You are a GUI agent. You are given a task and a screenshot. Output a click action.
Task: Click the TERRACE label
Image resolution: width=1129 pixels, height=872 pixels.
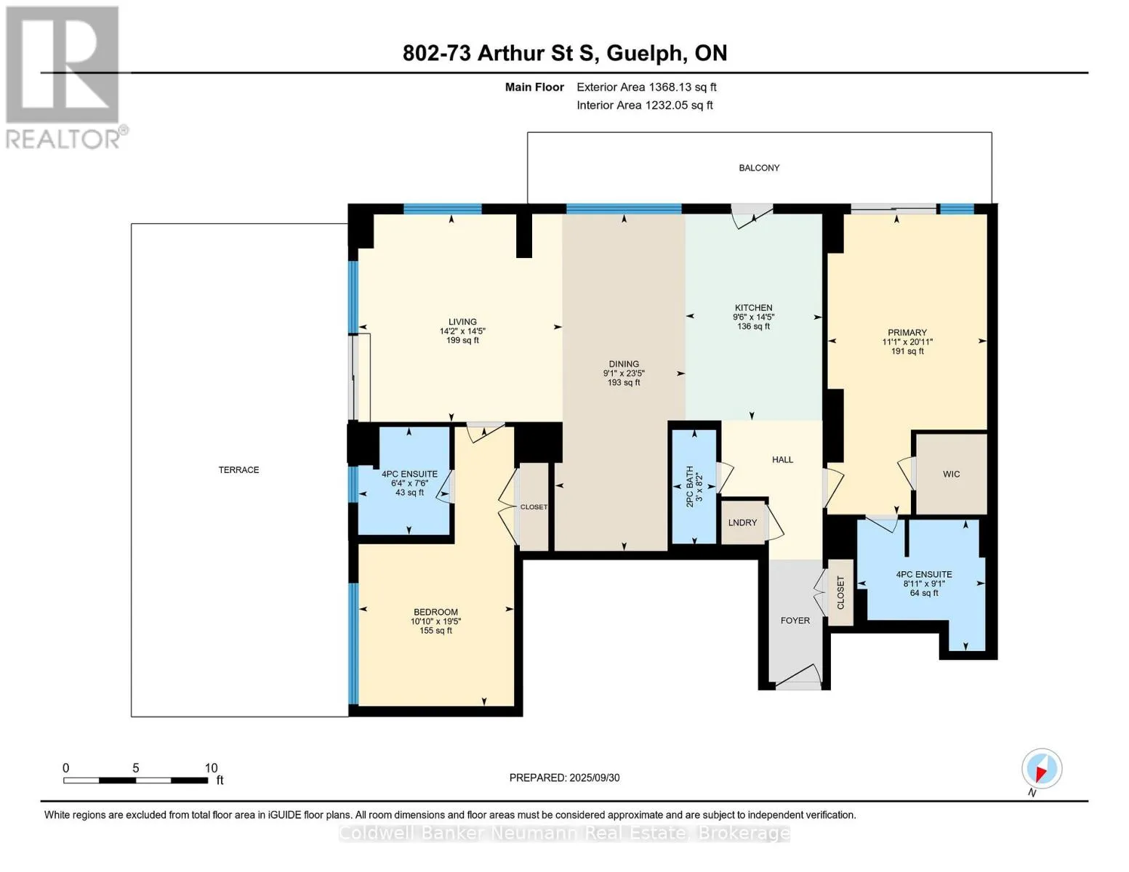(238, 469)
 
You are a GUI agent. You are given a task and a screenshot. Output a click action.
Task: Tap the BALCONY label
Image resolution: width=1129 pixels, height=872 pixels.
(759, 168)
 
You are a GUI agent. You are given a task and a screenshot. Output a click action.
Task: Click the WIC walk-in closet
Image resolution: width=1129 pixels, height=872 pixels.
(951, 474)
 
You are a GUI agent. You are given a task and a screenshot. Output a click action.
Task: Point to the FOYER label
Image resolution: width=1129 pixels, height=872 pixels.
(795, 620)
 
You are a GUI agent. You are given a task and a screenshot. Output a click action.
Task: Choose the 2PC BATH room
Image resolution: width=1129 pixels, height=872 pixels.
(694, 486)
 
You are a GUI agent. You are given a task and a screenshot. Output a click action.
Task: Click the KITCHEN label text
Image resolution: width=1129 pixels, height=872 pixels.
(753, 307)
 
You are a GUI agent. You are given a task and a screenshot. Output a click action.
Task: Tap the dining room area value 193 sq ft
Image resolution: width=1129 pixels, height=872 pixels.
(624, 382)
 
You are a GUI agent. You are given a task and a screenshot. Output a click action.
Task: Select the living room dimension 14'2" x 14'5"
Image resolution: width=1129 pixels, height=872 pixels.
(462, 331)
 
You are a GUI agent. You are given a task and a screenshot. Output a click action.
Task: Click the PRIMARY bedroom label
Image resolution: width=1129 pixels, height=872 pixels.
(907, 332)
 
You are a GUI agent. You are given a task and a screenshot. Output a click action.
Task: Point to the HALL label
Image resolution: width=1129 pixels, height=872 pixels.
(782, 460)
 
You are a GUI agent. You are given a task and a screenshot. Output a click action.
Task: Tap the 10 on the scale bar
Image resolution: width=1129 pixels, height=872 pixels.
(211, 767)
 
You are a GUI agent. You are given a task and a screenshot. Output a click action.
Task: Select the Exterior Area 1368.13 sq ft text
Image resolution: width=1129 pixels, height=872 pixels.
(646, 87)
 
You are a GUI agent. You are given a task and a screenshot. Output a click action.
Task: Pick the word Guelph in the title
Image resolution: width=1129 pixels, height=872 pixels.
(644, 54)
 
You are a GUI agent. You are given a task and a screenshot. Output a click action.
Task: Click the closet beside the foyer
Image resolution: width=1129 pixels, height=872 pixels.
(840, 592)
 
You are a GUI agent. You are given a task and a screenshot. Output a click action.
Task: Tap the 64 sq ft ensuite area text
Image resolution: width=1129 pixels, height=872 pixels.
(924, 592)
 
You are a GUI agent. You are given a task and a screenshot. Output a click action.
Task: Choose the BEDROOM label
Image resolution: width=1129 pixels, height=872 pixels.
(435, 612)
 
